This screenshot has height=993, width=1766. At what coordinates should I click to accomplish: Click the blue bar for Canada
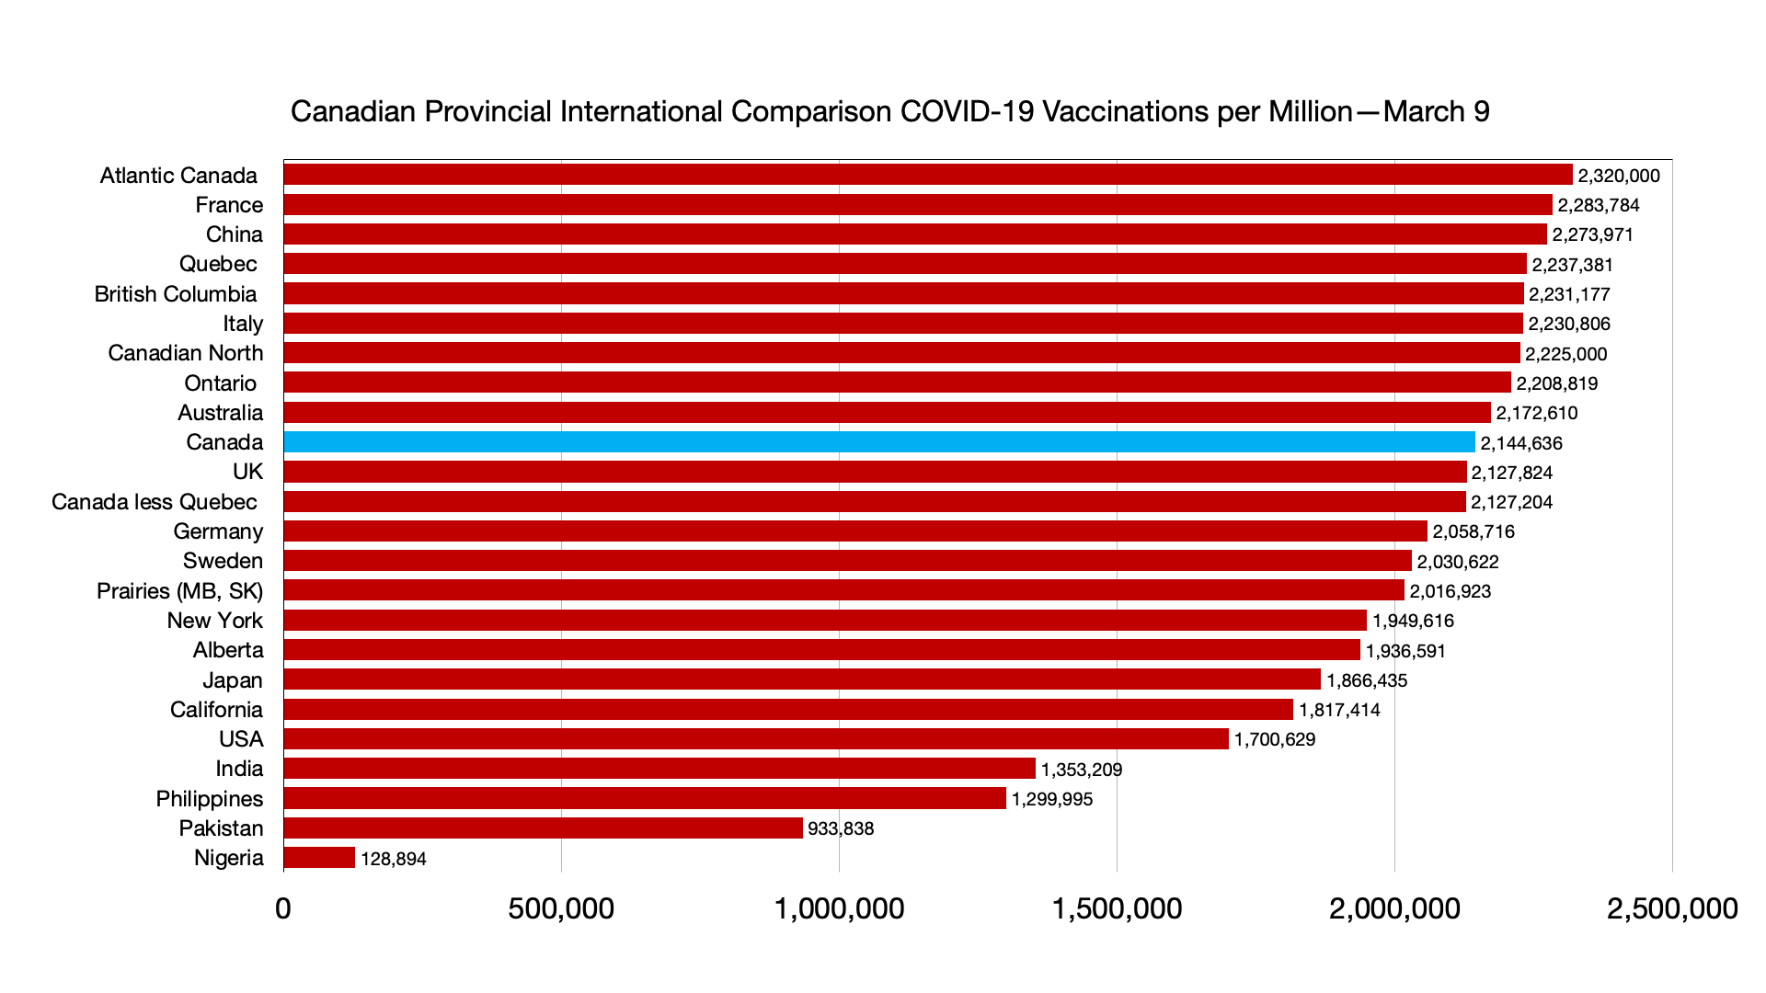[878, 442]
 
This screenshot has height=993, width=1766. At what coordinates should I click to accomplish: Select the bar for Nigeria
[319, 858]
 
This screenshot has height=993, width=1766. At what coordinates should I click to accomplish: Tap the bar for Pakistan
[543, 828]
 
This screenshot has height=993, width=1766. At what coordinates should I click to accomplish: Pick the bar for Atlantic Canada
[927, 175]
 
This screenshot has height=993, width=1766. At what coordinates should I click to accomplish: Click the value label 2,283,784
[1599, 205]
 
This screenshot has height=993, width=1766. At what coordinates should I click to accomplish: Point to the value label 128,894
[394, 859]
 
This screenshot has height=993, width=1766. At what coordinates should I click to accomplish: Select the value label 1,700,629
[1275, 739]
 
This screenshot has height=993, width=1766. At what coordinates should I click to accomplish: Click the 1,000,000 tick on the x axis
[839, 908]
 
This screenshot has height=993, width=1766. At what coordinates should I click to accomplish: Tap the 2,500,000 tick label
[1671, 908]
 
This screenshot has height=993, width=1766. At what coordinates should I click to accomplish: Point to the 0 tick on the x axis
[283, 908]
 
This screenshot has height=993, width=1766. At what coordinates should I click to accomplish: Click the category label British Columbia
[176, 294]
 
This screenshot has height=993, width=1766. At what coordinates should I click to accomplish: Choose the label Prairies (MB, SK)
[179, 591]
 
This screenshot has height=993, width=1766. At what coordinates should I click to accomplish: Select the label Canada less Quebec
[155, 502]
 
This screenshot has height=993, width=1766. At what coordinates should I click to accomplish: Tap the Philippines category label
[209, 799]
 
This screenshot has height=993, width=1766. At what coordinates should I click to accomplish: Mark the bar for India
[659, 769]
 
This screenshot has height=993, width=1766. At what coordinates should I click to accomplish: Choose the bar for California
[788, 710]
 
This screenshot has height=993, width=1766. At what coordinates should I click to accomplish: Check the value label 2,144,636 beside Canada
[1521, 443]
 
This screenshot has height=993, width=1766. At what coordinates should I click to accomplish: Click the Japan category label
[233, 680]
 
